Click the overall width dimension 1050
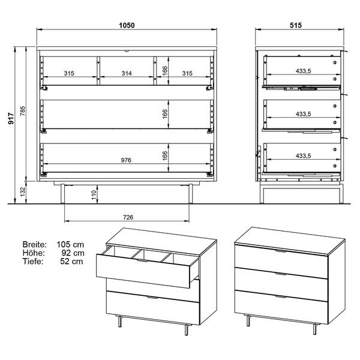click(x=127, y=25)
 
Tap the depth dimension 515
click(x=296, y=25)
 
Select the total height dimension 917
click(x=11, y=119)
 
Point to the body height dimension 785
click(x=23, y=111)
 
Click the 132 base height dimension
click(x=23, y=192)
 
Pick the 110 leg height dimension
click(x=94, y=195)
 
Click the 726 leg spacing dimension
click(x=128, y=217)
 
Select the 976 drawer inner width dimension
click(x=126, y=160)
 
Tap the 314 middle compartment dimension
click(x=127, y=73)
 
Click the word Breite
click(x=34, y=245)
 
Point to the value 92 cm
click(x=73, y=253)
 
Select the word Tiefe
click(x=33, y=261)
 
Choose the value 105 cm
click(x=70, y=245)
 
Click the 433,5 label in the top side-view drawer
click(x=303, y=71)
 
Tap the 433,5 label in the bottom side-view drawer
click(x=303, y=156)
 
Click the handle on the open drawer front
click(x=143, y=260)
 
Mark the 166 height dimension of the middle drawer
click(x=165, y=114)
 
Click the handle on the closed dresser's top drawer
click(x=281, y=251)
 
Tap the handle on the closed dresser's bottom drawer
click(x=281, y=297)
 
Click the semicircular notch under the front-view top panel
click(x=127, y=51)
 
